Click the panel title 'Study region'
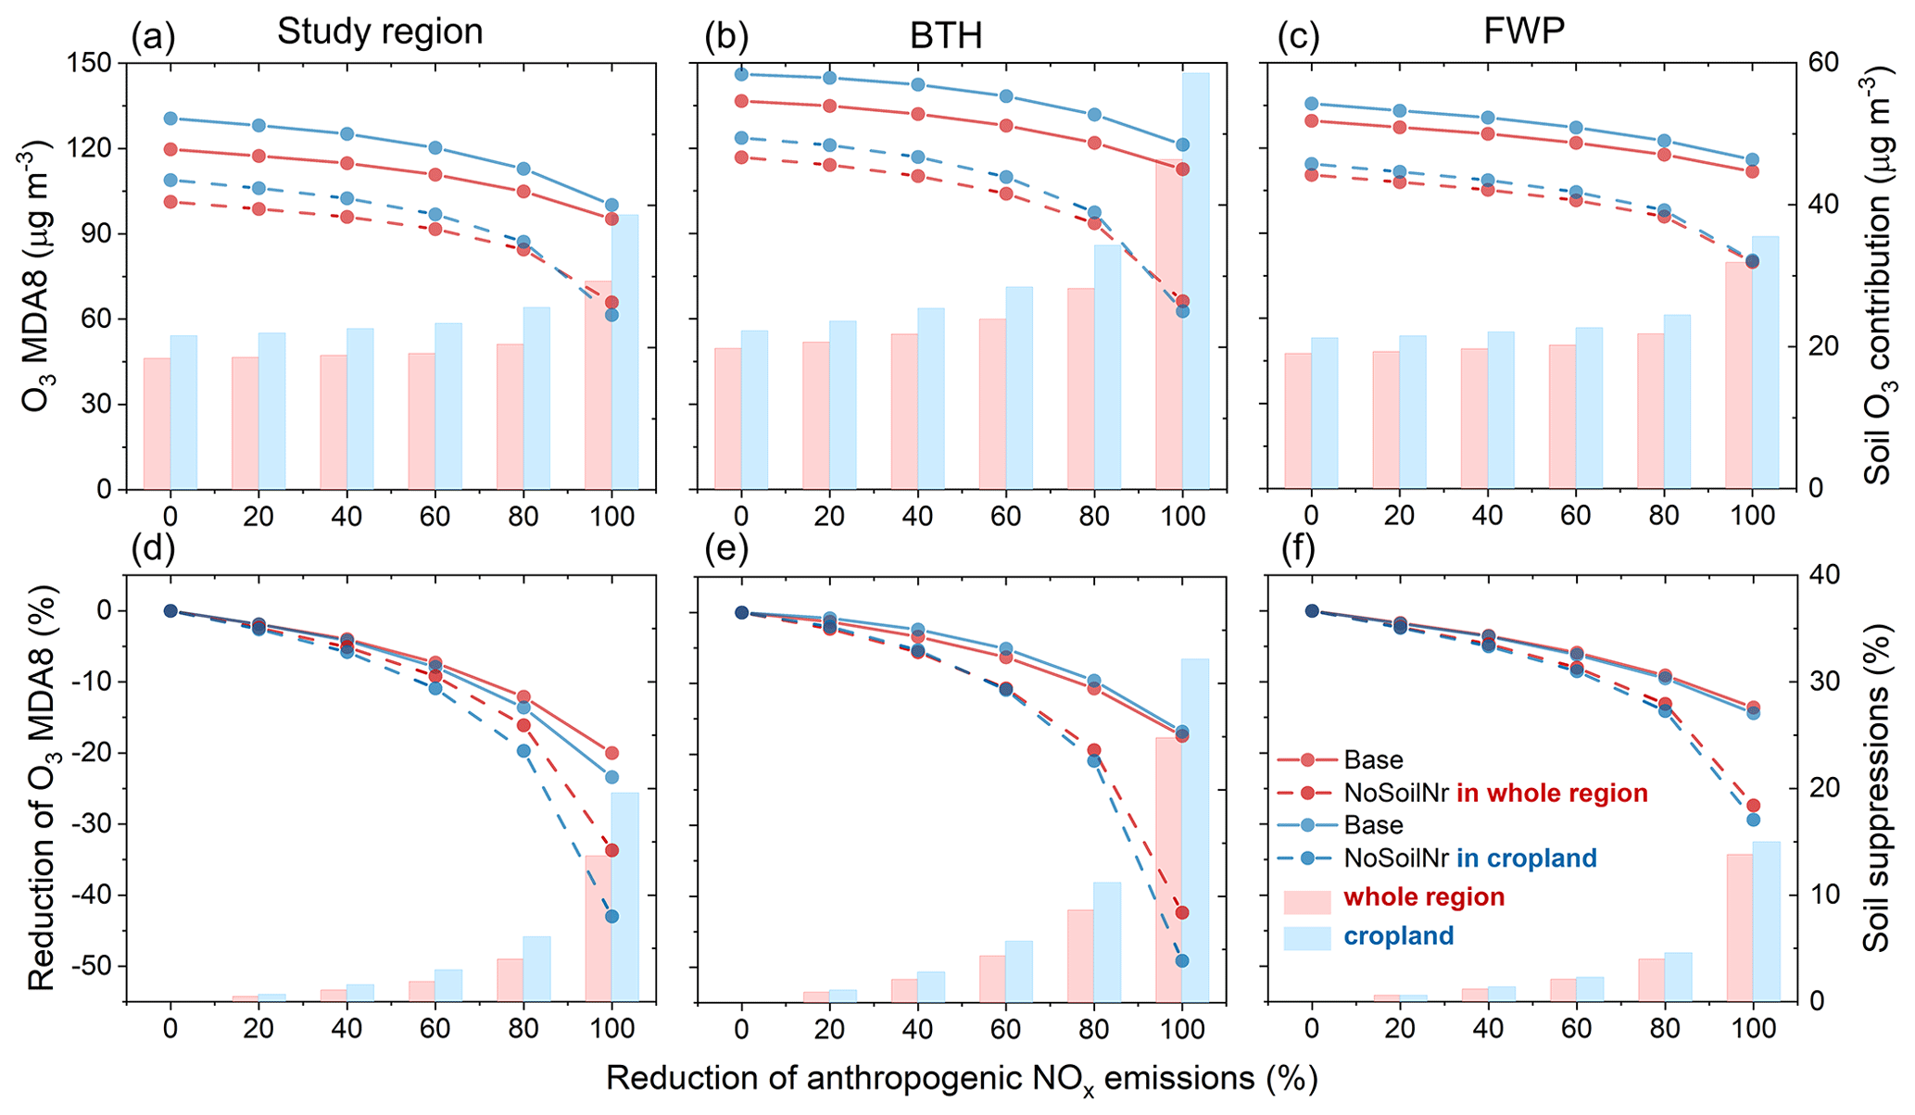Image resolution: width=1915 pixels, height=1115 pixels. coord(380,32)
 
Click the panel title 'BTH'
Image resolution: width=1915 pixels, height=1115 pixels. coord(945,36)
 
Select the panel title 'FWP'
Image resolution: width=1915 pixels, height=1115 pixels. coord(1523,32)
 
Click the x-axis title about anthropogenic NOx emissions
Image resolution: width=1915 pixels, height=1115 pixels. coord(962,1079)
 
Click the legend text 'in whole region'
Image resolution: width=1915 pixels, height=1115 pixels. coord(1552,793)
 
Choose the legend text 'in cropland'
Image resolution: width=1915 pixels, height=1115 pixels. coord(1527,858)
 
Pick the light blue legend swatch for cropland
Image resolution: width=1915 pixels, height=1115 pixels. coord(1306,938)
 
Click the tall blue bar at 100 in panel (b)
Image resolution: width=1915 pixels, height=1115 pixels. coord(1195,278)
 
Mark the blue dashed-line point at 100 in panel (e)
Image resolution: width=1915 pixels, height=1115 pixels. coord(1182,960)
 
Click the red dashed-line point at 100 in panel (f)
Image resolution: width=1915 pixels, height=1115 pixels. coord(1753,805)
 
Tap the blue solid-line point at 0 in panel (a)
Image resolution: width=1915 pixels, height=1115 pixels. coord(170,119)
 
